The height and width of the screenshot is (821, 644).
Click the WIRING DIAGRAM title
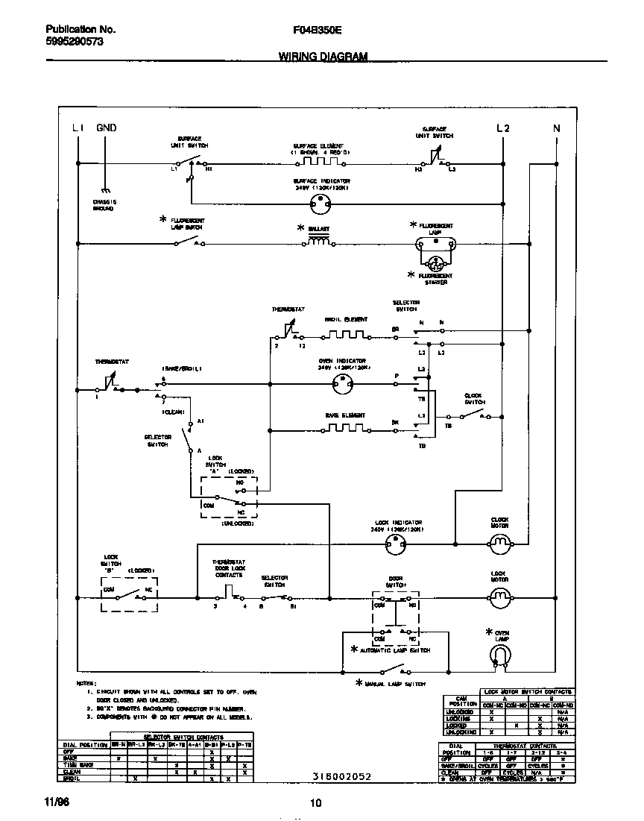click(323, 57)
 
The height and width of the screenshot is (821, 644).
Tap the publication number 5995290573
click(69, 43)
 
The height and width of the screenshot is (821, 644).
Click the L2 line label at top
click(503, 128)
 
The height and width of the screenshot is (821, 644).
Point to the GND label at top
click(107, 128)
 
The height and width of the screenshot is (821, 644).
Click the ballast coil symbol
click(320, 242)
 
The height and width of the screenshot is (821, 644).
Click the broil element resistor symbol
click(346, 334)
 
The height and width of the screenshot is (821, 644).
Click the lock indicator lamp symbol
click(394, 546)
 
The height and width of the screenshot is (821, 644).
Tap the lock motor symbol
click(499, 597)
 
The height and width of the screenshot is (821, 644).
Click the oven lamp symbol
click(499, 655)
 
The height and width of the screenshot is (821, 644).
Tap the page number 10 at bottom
click(315, 802)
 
